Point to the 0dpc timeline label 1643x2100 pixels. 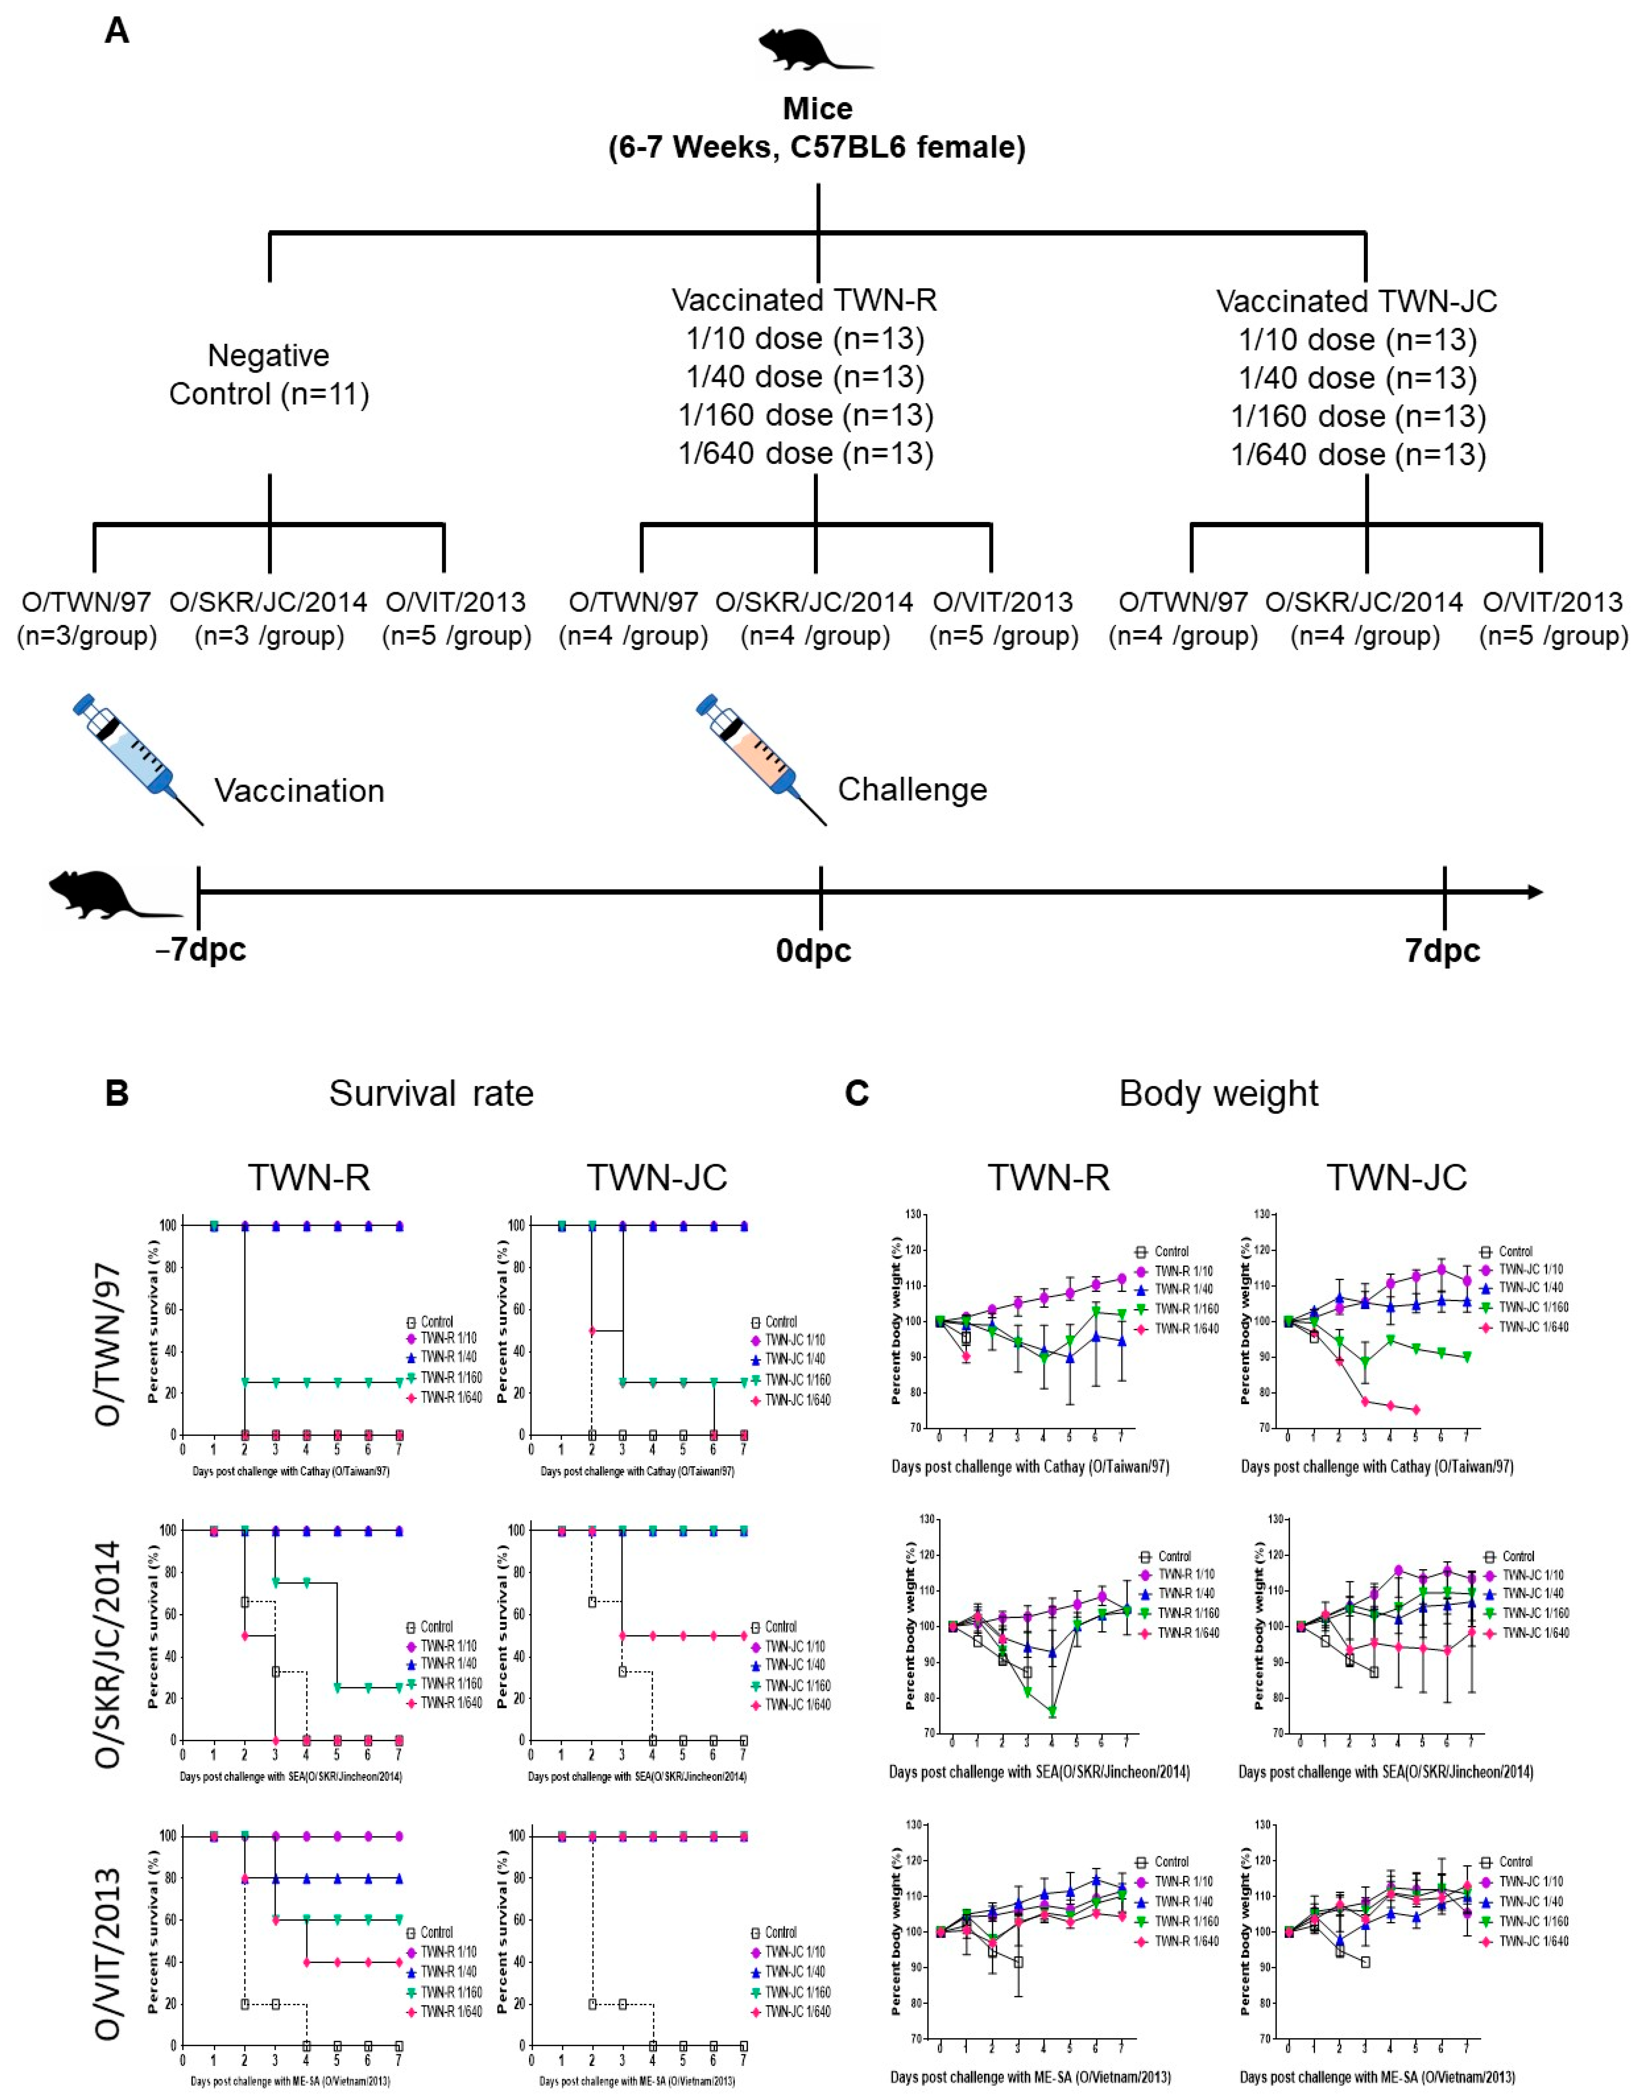pyautogui.click(x=814, y=950)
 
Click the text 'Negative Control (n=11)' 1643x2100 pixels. pyautogui.click(x=269, y=375)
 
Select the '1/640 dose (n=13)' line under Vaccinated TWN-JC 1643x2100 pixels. pyautogui.click(x=1358, y=454)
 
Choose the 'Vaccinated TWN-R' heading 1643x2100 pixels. pyautogui.click(x=804, y=300)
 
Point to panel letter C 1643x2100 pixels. pyautogui.click(x=856, y=1094)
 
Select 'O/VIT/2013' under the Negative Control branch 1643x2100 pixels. pyautogui.click(x=456, y=602)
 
